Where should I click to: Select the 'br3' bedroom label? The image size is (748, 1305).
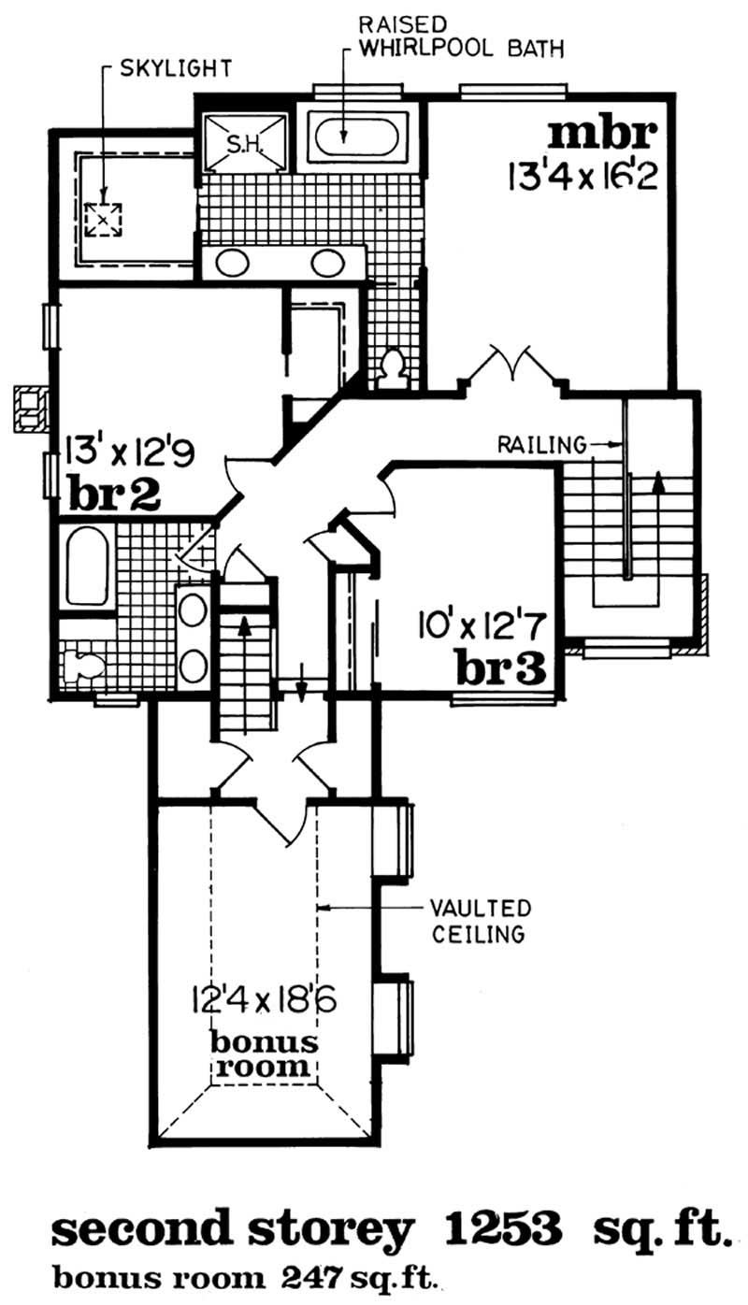500,667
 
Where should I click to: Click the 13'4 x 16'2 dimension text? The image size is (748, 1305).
580,175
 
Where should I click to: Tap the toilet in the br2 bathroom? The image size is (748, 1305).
87,664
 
